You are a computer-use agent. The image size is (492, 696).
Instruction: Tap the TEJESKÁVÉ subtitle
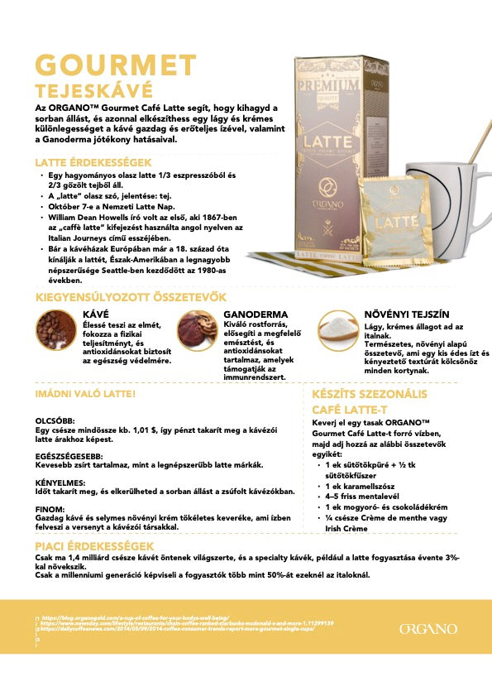click(x=93, y=91)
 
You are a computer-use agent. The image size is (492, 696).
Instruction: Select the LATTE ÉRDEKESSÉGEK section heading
click(x=93, y=163)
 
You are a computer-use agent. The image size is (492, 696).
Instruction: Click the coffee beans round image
click(x=56, y=332)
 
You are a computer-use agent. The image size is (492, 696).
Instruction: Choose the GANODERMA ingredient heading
click(x=256, y=315)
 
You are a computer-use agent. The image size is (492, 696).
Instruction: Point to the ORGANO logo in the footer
click(x=428, y=629)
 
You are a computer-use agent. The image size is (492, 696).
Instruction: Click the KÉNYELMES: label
click(x=60, y=480)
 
